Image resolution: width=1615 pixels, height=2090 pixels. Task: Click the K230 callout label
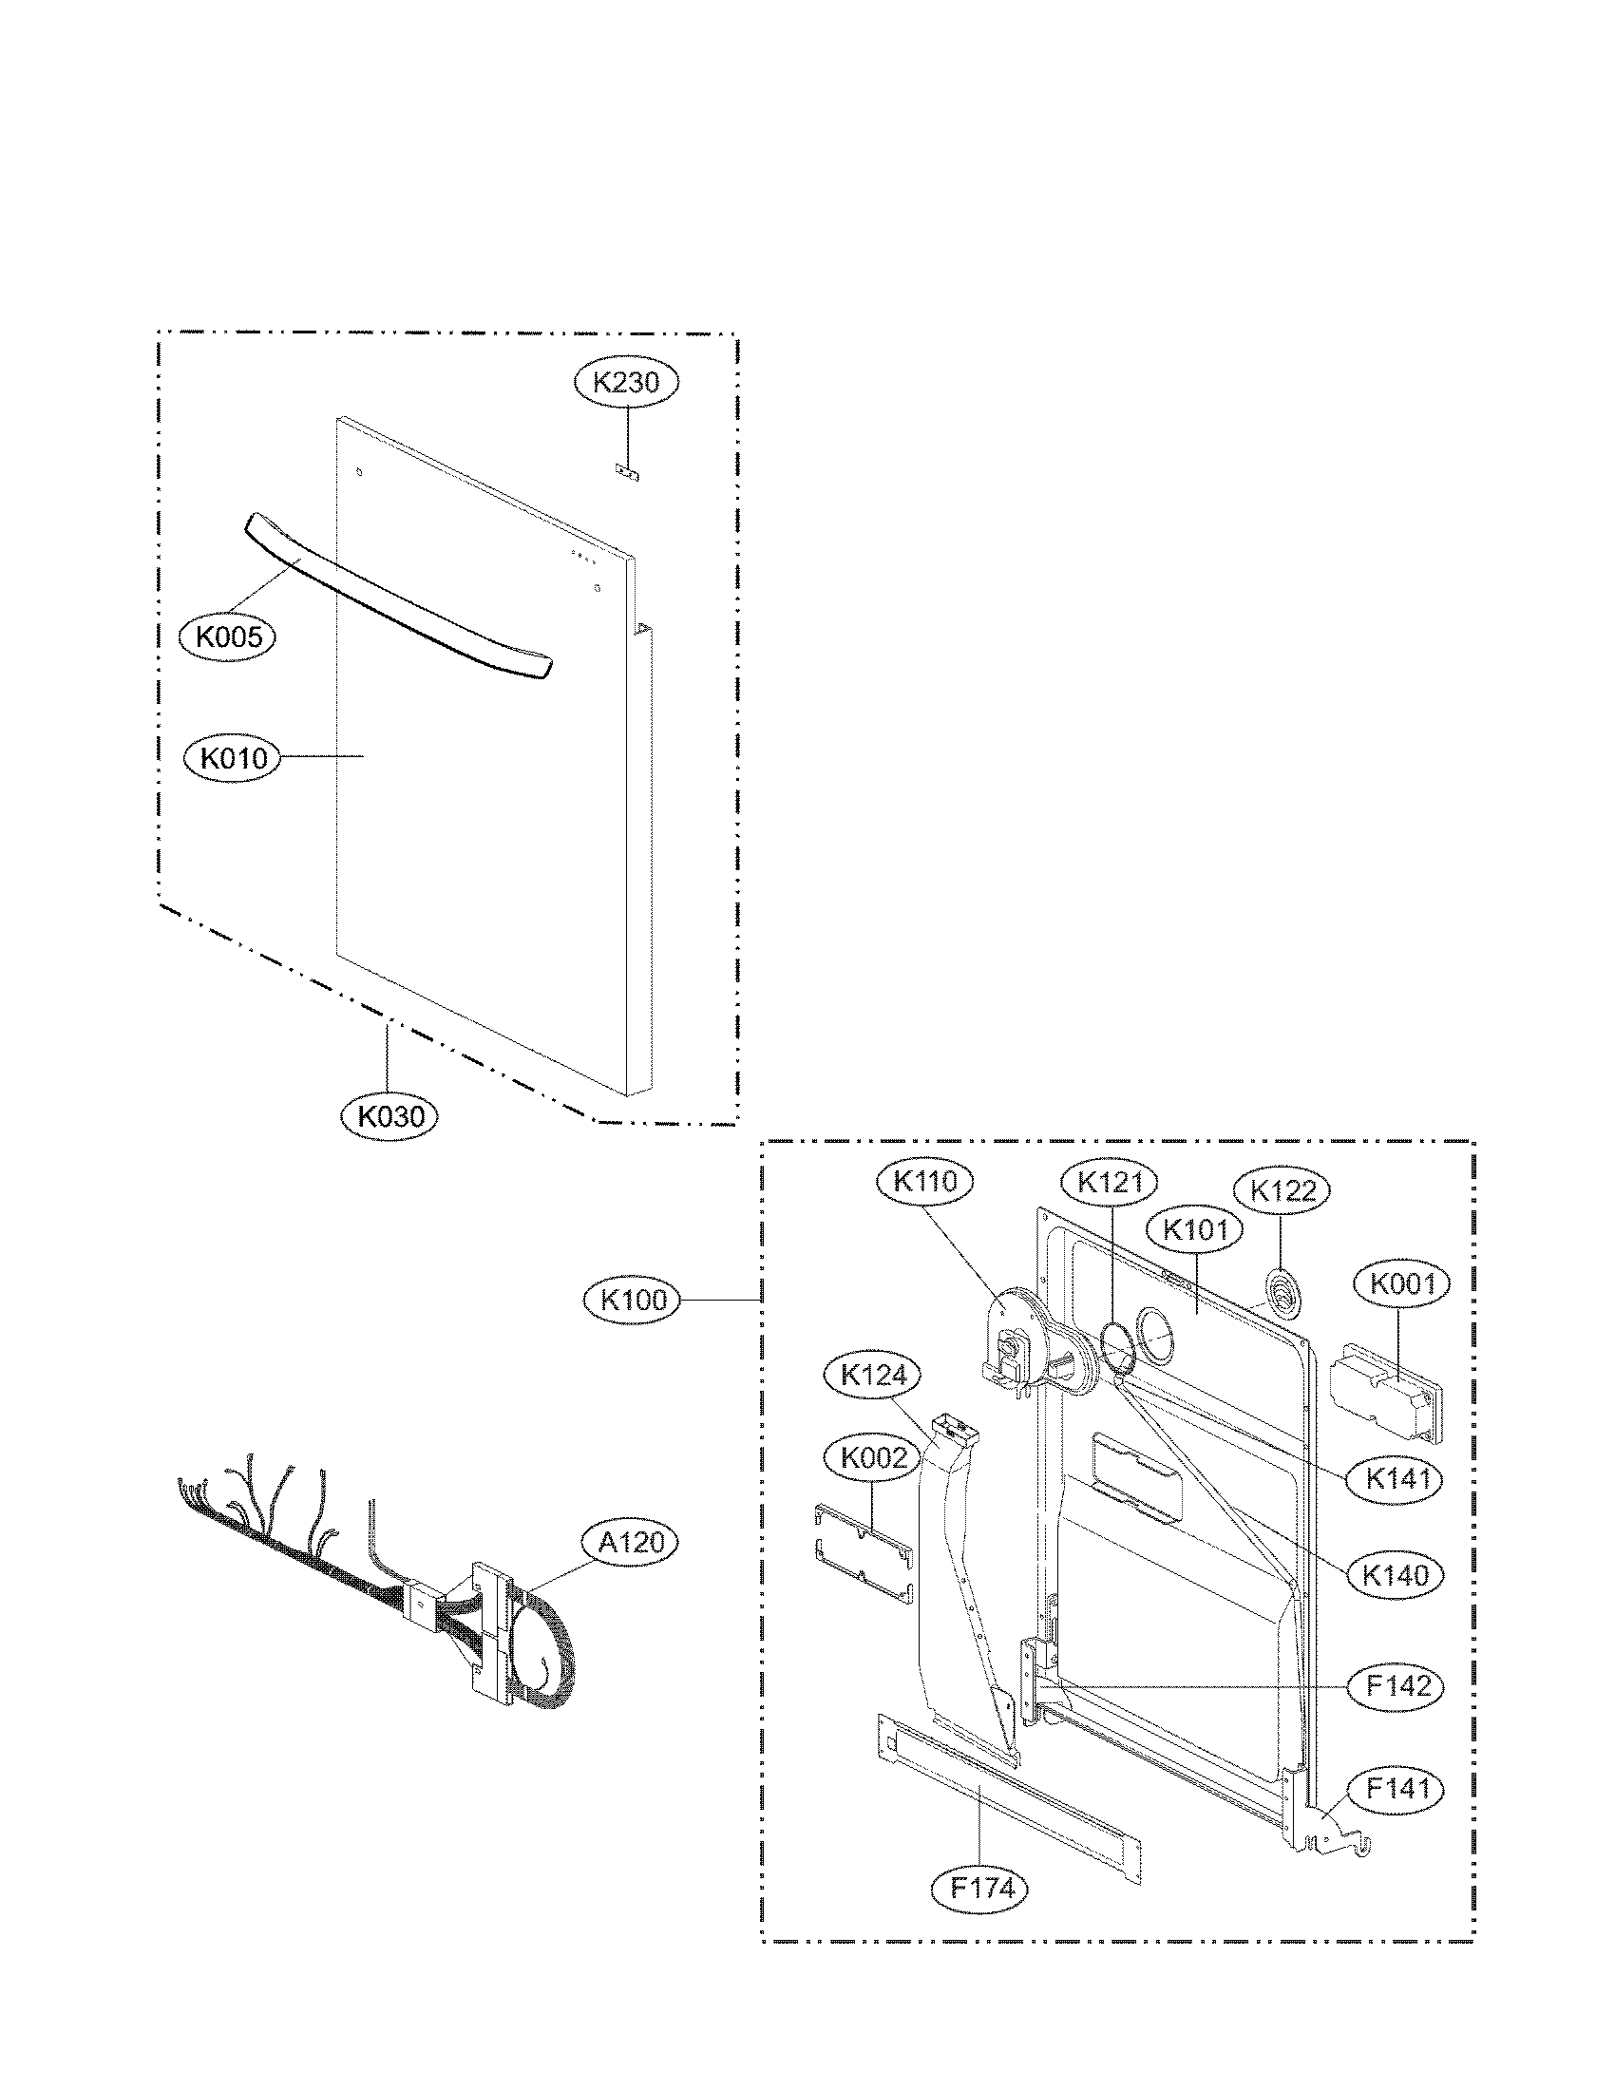click(626, 383)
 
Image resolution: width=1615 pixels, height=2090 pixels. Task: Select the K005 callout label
click(228, 636)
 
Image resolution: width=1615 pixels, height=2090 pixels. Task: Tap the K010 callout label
click(231, 758)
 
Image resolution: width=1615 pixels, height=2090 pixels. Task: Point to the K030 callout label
click(389, 1115)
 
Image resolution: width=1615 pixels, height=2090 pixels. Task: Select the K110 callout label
click(925, 1182)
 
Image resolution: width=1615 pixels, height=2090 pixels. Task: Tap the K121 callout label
click(1110, 1183)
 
